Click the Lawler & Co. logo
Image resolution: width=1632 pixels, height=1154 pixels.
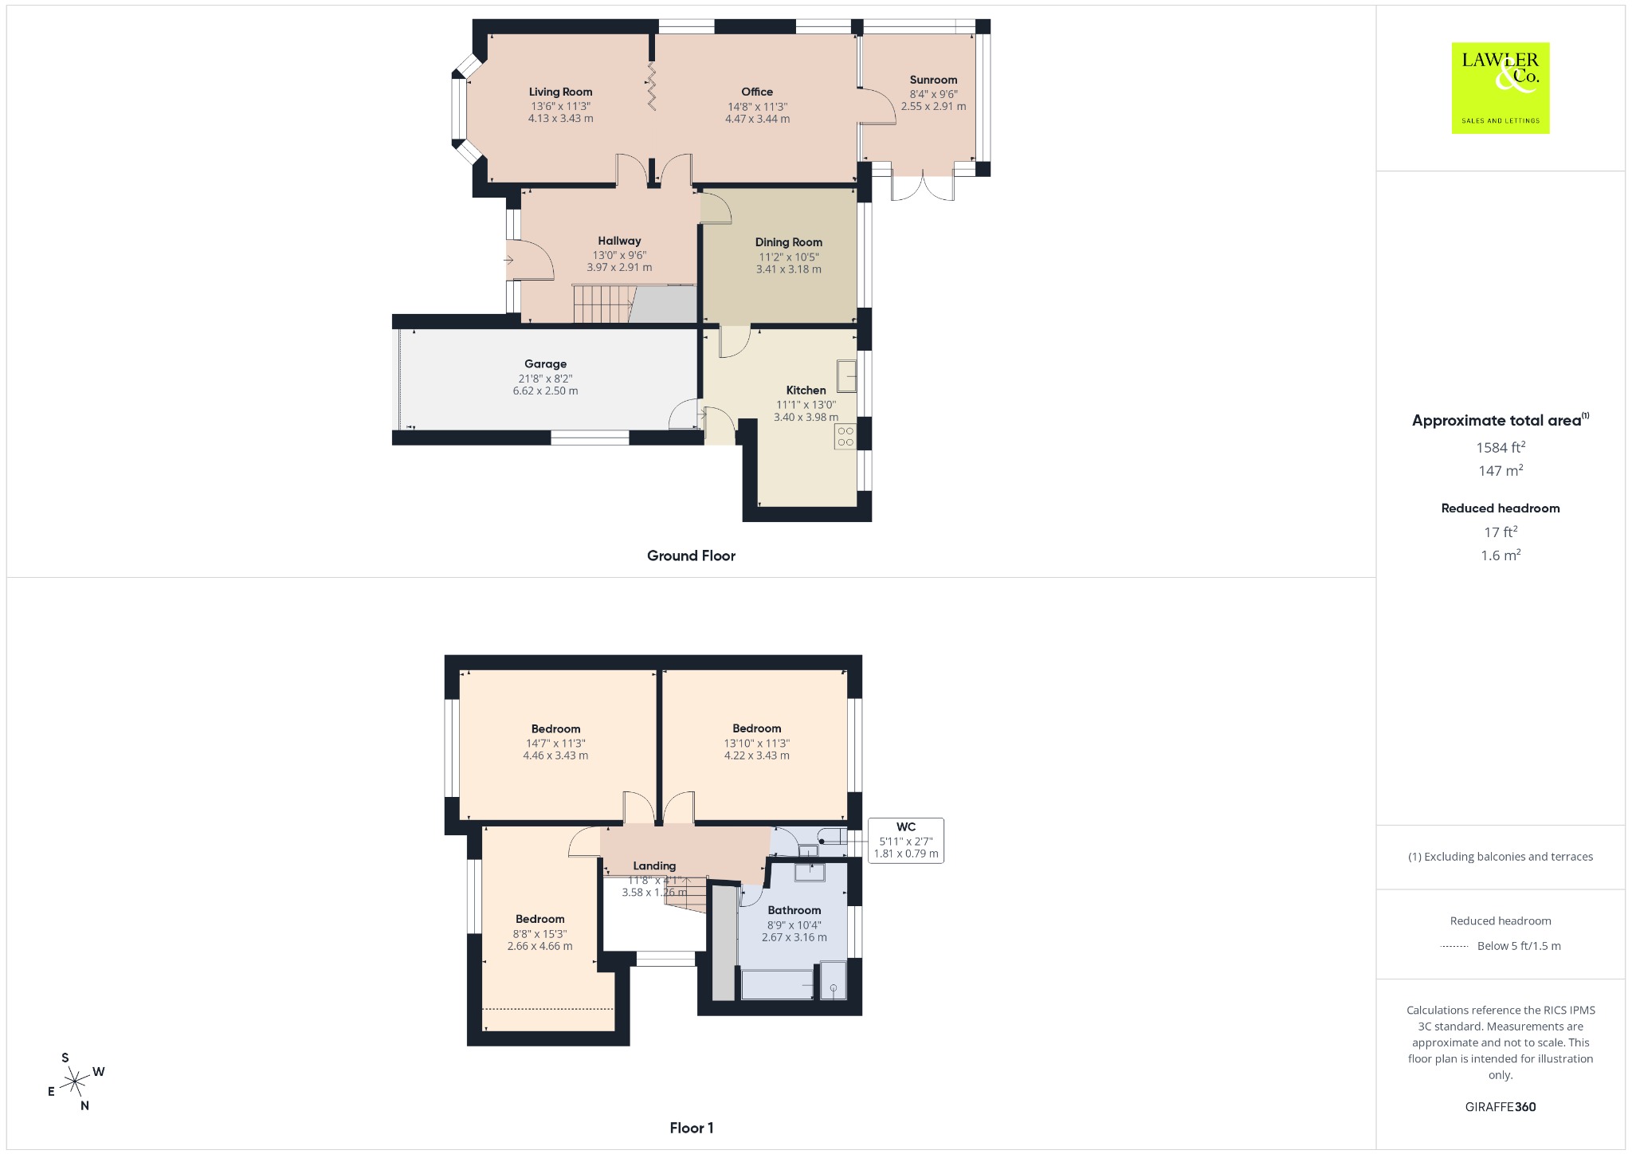1500,88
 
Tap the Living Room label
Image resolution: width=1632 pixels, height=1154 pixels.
560,92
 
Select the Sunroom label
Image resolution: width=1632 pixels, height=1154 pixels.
933,80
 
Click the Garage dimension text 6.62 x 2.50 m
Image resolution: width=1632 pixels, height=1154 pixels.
545,391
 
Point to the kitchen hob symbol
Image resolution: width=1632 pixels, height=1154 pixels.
845,437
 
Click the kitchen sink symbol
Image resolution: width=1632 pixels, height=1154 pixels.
846,376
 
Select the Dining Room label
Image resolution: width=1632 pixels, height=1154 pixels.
789,242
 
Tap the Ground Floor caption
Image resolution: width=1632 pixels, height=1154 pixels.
691,555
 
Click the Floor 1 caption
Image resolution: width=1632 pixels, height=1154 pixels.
692,1128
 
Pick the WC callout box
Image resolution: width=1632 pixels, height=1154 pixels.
906,841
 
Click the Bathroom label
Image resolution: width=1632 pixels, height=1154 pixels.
794,910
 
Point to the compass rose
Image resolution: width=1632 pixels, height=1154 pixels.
76,1081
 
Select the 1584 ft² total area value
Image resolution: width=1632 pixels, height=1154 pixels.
1501,447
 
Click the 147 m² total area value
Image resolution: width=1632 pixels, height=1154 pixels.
1501,470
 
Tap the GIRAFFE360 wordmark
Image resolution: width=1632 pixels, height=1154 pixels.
1501,1107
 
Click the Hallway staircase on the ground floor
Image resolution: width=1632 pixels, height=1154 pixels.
603,304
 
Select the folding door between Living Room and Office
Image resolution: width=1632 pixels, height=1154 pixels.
651,86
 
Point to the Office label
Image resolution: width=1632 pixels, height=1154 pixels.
757,92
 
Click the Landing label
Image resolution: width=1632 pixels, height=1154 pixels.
654,866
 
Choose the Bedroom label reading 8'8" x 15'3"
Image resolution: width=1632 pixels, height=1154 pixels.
539,919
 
